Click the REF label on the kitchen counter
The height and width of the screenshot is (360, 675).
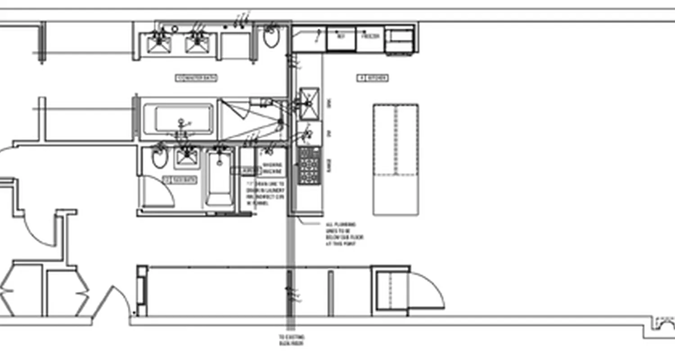click(341, 36)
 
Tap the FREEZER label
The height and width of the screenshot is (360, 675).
click(369, 36)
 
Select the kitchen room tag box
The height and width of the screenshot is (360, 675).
click(373, 78)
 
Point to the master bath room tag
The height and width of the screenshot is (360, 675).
click(196, 78)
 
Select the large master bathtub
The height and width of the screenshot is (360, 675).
click(183, 118)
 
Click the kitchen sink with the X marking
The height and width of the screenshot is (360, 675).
click(309, 103)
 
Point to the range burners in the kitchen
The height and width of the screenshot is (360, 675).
click(309, 165)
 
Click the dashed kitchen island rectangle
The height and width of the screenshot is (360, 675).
click(396, 159)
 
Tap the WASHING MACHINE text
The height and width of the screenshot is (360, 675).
click(272, 168)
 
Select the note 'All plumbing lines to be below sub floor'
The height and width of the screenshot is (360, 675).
click(344, 234)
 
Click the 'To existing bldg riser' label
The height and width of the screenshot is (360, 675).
click(291, 340)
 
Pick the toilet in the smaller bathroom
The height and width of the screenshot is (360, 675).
click(159, 157)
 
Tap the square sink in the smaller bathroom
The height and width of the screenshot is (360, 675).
click(187, 157)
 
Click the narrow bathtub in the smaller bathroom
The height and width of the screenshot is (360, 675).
click(220, 179)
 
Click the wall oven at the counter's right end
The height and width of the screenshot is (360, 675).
click(399, 40)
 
